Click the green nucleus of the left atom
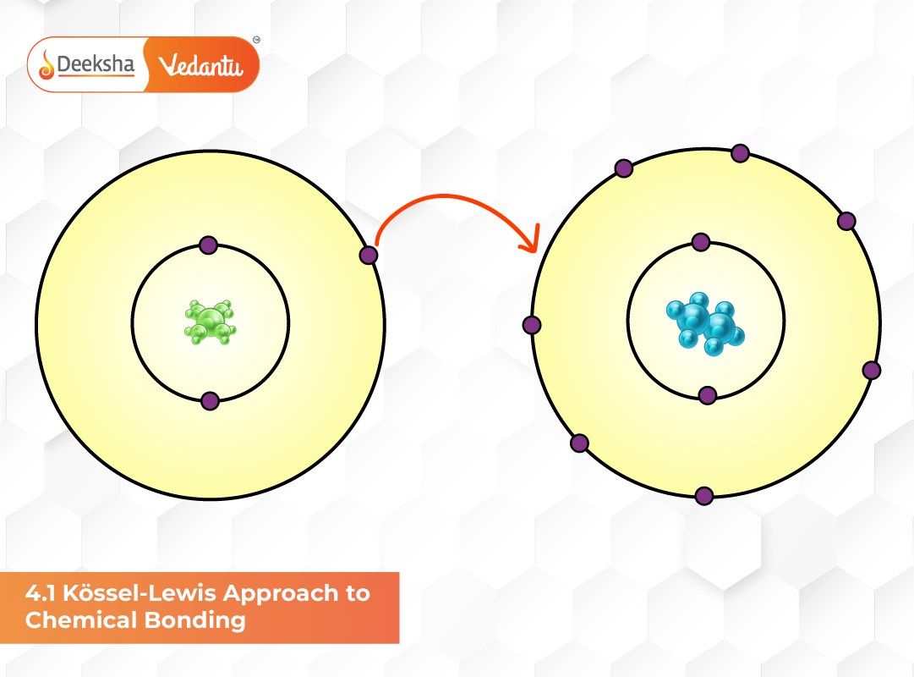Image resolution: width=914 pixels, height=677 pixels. coord(210,322)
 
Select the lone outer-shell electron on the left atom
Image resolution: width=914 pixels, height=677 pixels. coord(368,255)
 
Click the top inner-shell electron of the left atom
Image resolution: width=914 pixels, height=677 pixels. coord(209,245)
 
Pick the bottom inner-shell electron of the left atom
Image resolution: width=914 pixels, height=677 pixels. coord(210,401)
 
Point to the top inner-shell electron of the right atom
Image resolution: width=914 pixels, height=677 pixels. coord(700,243)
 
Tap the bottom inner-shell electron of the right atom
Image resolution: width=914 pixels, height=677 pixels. coord(708,395)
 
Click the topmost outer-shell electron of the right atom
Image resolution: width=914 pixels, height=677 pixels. coord(740,153)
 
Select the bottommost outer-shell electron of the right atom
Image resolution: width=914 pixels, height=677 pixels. coord(703,496)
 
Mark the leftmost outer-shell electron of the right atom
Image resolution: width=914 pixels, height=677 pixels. coord(532,325)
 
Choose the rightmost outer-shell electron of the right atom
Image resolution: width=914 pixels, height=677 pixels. coord(872,370)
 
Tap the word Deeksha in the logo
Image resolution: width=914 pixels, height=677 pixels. coord(95,64)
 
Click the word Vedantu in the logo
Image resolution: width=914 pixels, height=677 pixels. coord(200,64)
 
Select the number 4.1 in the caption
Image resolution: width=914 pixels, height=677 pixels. coord(40,593)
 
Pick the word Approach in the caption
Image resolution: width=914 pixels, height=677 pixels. coord(276,593)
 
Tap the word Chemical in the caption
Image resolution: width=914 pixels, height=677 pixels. coord(76,620)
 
